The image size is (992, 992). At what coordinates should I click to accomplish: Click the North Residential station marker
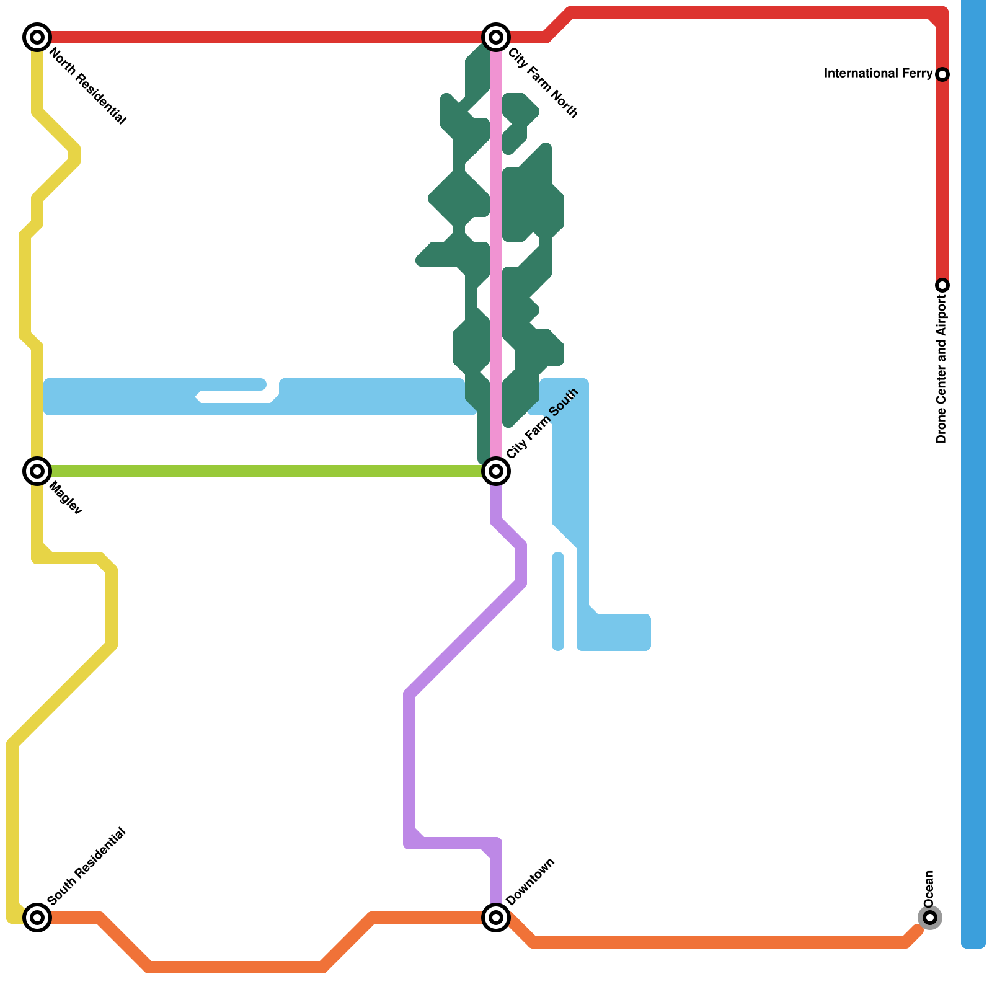point(37,37)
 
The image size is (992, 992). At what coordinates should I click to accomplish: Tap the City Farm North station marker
point(496,37)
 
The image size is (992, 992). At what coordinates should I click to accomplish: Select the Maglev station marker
point(37,471)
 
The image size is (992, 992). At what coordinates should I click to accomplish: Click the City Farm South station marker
point(496,471)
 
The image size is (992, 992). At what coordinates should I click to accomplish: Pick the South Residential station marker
point(37,917)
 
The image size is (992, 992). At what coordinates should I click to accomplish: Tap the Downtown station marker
point(496,917)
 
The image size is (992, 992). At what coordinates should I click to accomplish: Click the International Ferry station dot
point(942,74)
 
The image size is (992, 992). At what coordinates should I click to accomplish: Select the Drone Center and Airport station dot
point(942,285)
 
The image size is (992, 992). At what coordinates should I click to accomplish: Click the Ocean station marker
point(929,917)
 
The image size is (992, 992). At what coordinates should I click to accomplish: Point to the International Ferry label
point(878,74)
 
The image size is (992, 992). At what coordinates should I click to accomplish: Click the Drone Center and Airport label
point(942,369)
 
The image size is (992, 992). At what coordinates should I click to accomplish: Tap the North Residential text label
point(87,86)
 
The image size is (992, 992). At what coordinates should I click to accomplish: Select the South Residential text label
point(86,866)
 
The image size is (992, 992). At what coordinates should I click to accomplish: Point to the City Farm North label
point(543,83)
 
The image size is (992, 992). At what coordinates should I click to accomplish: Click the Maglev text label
point(65,498)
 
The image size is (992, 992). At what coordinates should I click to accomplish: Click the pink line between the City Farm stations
point(496,248)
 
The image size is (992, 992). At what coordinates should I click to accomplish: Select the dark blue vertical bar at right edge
point(973,471)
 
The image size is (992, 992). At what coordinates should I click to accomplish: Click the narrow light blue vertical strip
point(558,601)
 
